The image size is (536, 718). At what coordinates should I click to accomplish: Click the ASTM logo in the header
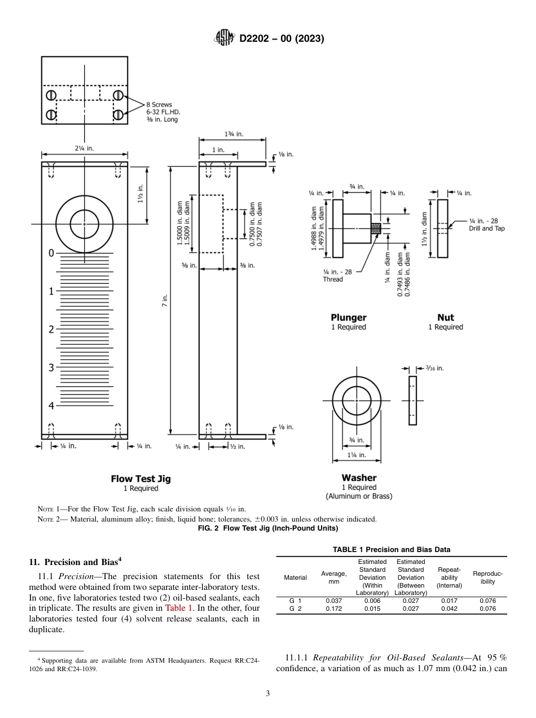pyautogui.click(x=225, y=38)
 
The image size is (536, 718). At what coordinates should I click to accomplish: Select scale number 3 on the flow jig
pyautogui.click(x=51, y=367)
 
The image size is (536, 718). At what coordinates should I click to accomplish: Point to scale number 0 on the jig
pyautogui.click(x=51, y=253)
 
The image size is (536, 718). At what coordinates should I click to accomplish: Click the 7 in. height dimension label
pyautogui.click(x=165, y=301)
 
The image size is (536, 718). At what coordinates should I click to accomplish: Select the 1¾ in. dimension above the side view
pyautogui.click(x=232, y=134)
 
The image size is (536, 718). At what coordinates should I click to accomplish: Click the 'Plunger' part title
pyautogui.click(x=348, y=317)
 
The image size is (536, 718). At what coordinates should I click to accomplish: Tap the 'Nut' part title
pyautogui.click(x=445, y=317)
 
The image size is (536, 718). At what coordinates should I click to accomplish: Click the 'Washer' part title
pyautogui.click(x=359, y=478)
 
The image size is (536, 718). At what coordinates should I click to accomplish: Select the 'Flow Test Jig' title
pyautogui.click(x=140, y=479)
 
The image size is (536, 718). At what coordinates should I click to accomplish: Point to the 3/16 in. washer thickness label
pyautogui.click(x=432, y=368)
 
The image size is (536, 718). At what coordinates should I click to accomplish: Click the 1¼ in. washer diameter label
pyautogui.click(x=357, y=455)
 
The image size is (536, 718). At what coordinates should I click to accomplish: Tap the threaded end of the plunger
pyautogui.click(x=377, y=228)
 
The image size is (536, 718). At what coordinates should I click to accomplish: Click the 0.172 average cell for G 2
pyautogui.click(x=333, y=609)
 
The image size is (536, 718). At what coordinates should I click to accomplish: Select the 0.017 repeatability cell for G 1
pyautogui.click(x=449, y=601)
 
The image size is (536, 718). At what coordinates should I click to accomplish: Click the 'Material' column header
pyautogui.click(x=295, y=577)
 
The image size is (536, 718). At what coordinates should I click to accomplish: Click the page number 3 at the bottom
pyautogui.click(x=268, y=694)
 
